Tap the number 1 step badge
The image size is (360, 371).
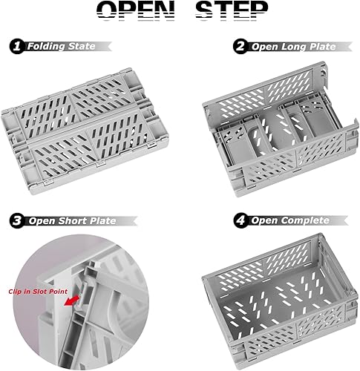click(x=16, y=46)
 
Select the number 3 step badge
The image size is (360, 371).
click(x=16, y=220)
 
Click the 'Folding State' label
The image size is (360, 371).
click(x=62, y=46)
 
